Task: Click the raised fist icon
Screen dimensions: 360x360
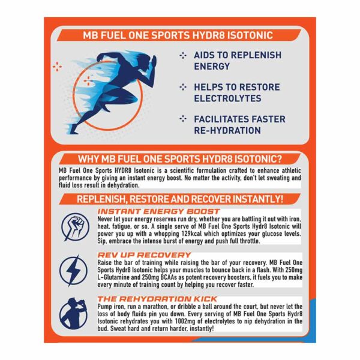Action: [75, 227]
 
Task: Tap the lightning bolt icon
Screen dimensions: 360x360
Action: [73, 271]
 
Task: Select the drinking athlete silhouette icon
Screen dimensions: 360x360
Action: [73, 314]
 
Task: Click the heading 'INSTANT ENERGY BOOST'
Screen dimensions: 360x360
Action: [158, 211]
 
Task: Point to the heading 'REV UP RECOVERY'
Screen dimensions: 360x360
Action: [144, 255]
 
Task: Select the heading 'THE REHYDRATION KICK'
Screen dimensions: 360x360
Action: [157, 299]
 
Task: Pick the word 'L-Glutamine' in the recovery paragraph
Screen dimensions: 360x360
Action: [113, 277]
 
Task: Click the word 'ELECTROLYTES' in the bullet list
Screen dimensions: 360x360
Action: [227, 98]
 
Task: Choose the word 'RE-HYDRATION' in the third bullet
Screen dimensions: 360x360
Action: [227, 130]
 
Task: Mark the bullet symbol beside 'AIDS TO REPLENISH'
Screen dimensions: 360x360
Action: [183, 55]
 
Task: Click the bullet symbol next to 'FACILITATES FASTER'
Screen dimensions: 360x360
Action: [183, 119]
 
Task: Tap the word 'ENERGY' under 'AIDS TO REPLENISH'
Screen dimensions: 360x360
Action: [212, 67]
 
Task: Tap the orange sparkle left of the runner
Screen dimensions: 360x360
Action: [57, 67]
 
